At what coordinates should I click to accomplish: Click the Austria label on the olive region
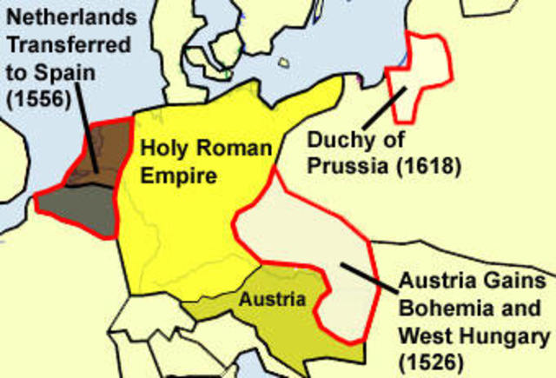(273, 300)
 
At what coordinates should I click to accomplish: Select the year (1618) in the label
(427, 163)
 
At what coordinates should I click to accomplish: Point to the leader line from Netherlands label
(87, 130)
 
